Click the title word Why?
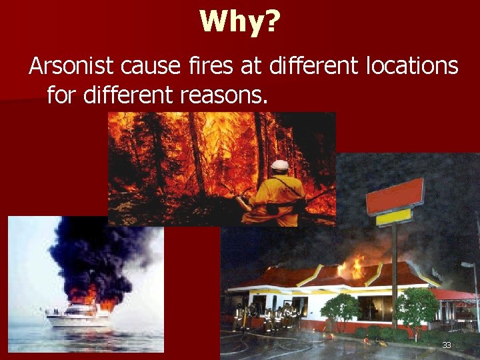[240, 22]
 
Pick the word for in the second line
[61, 95]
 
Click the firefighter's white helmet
[280, 165]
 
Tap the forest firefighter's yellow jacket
[283, 197]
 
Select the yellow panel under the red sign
[393, 218]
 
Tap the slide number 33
[447, 345]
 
